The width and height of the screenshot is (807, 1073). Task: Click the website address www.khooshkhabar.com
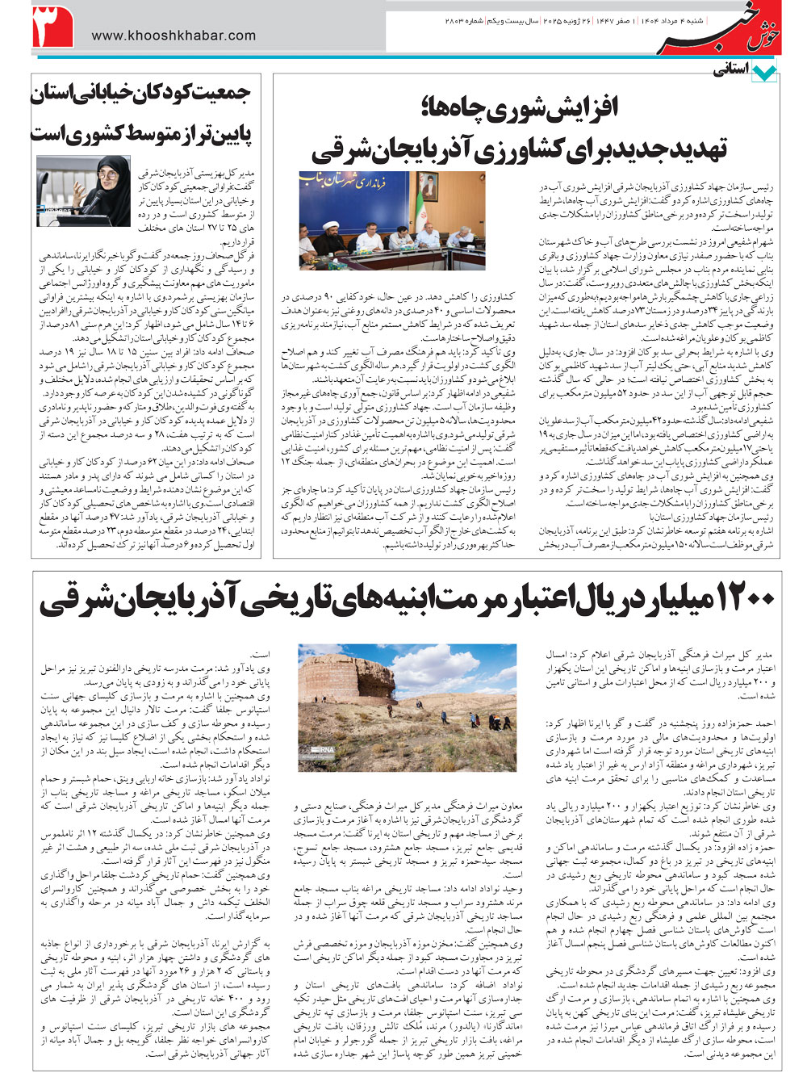point(174,36)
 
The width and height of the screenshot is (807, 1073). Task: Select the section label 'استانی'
point(730,70)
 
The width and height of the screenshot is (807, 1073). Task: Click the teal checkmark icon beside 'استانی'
point(763,73)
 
